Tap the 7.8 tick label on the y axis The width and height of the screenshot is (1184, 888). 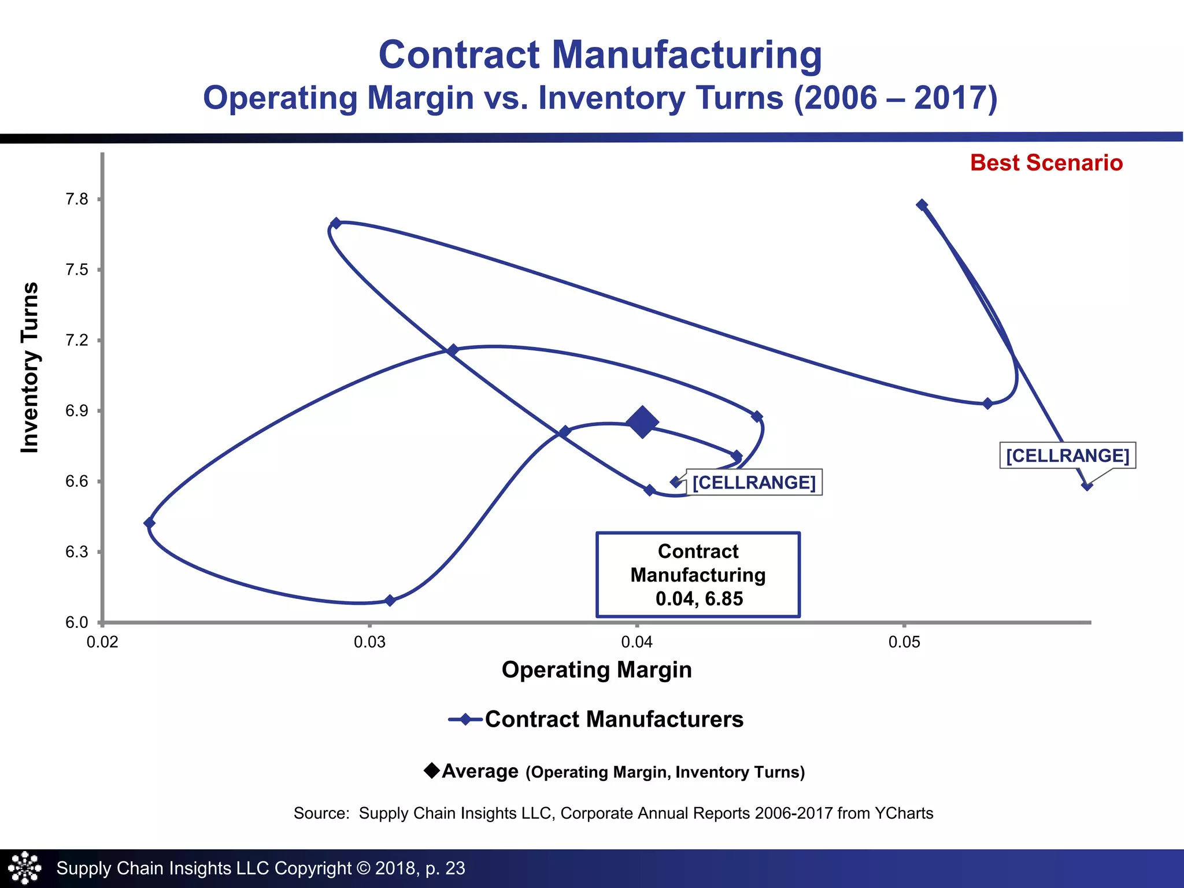[x=77, y=199]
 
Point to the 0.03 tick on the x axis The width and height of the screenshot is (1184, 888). [x=369, y=642]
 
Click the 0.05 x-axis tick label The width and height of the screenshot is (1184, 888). [x=904, y=642]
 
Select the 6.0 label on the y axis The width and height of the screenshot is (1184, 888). [x=77, y=623]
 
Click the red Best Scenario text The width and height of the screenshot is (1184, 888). [x=1046, y=163]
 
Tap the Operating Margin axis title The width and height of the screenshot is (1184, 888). [x=597, y=670]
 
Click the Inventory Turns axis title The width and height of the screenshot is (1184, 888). [x=30, y=368]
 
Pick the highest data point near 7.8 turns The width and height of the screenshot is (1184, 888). [x=922, y=205]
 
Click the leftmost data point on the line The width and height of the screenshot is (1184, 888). [x=149, y=523]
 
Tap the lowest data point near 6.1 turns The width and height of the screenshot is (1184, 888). [x=390, y=601]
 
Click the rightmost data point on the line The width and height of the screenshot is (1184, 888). [x=1087, y=486]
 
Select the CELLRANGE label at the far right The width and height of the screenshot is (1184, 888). [x=1067, y=456]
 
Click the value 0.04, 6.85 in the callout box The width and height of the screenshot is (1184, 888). [x=699, y=599]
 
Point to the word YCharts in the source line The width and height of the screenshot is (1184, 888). [x=904, y=813]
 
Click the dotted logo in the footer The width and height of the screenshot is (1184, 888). [x=25, y=868]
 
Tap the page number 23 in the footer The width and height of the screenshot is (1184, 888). [x=455, y=868]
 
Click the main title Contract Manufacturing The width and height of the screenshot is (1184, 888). [x=600, y=55]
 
